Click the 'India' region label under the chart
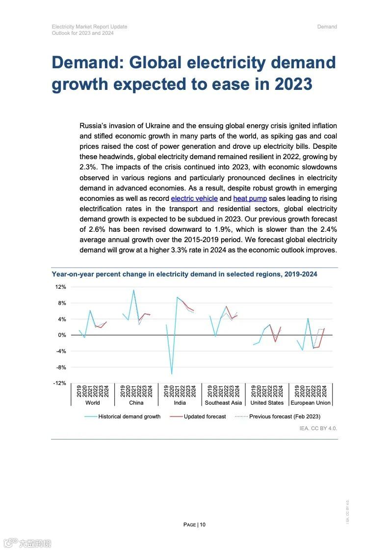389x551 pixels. (180, 403)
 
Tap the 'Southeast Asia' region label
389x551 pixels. (223, 403)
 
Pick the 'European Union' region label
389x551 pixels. (311, 403)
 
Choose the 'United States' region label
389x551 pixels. (267, 403)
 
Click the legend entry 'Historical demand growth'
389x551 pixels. (129, 416)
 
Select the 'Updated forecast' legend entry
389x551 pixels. (205, 416)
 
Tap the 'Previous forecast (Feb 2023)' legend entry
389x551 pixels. (285, 416)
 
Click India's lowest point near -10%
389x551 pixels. (172, 374)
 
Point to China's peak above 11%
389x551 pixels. (133, 290)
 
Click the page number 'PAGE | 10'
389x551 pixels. (194, 524)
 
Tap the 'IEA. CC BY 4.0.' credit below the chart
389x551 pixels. (318, 429)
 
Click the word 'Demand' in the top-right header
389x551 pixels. (327, 27)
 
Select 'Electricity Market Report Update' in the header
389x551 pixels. (89, 27)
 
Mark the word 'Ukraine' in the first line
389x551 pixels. (158, 126)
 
